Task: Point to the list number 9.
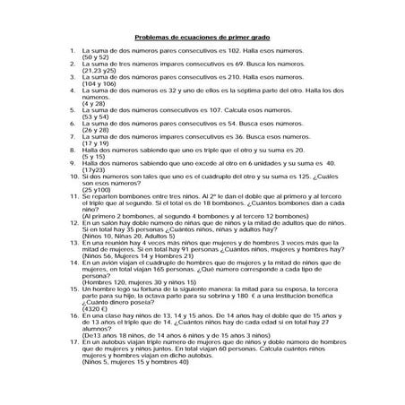click(71, 163)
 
